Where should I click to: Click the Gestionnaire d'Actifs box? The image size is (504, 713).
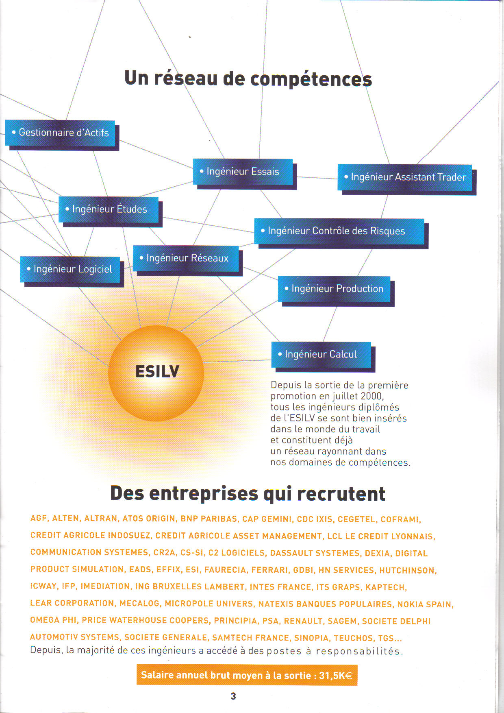point(60,133)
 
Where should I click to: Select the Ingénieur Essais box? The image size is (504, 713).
point(243,172)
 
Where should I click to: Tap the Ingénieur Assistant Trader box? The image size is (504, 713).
point(405,177)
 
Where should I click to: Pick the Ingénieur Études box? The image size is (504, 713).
point(109,209)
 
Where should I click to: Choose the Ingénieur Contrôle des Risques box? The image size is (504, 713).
point(339,231)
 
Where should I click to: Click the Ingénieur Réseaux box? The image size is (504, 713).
point(186,258)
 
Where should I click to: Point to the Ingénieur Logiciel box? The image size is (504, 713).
point(70,269)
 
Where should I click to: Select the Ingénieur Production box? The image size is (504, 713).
point(334,289)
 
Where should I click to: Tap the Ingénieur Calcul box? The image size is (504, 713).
point(321,355)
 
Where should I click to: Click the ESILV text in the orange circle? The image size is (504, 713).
point(157,371)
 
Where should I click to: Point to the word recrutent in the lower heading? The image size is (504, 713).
point(341,494)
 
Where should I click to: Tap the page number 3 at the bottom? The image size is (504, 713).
point(233,696)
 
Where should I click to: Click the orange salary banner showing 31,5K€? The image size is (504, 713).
point(247,675)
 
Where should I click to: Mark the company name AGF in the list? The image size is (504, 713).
point(39,518)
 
